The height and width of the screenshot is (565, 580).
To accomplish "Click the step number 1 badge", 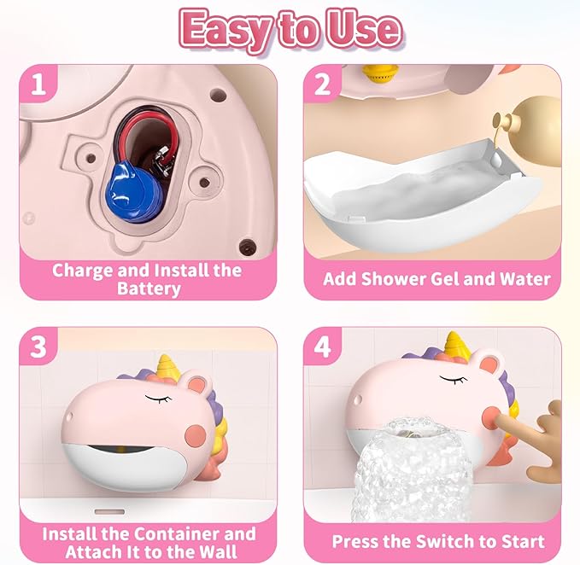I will point(38,86).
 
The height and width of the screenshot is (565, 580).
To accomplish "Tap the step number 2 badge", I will point(323,86).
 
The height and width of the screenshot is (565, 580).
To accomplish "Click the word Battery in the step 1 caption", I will point(148,288).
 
